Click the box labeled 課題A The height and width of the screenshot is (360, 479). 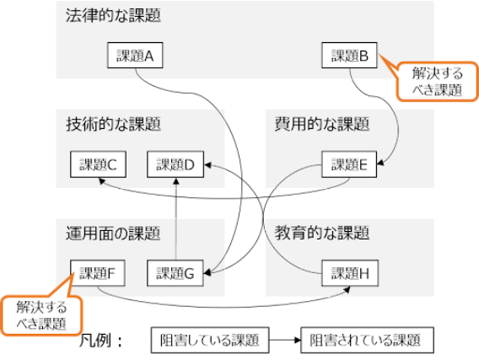[x=135, y=56]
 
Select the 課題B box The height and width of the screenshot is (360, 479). [x=349, y=56]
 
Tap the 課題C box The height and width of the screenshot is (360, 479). [x=98, y=164]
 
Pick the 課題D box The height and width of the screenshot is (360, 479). [x=175, y=164]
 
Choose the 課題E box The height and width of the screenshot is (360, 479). [x=349, y=164]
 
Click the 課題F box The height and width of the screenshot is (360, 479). [x=98, y=273]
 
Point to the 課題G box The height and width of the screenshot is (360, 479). [x=175, y=273]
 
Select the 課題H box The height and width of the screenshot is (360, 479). [x=350, y=273]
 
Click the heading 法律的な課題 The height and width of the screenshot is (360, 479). [x=113, y=15]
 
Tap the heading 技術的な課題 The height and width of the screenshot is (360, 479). [x=113, y=124]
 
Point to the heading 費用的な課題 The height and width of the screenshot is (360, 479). [x=322, y=124]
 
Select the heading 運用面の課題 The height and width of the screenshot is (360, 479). [x=113, y=234]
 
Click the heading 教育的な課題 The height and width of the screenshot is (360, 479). [x=322, y=234]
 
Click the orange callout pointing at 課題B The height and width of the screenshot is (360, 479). [x=437, y=82]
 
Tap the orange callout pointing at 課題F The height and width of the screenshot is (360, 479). [x=41, y=315]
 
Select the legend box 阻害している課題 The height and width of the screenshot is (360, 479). [x=210, y=340]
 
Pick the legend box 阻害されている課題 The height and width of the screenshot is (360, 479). [x=367, y=340]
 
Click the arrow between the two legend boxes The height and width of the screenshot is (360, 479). [x=285, y=340]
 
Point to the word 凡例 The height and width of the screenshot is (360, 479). [x=95, y=341]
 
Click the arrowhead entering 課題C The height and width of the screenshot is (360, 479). [x=102, y=181]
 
